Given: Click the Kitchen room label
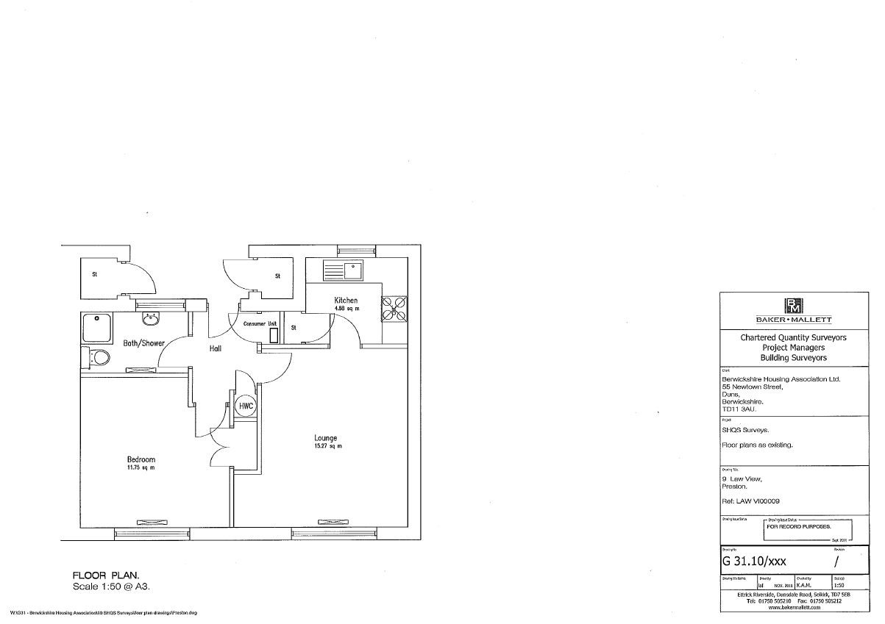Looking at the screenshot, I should (x=346, y=301).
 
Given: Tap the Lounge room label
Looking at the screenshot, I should (x=324, y=438).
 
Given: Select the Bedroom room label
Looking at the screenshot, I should (x=141, y=459).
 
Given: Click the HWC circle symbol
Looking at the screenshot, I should (x=245, y=406).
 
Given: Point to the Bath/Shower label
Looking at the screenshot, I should (x=143, y=343).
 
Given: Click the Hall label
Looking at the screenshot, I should (x=215, y=348).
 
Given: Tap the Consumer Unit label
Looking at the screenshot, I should (x=260, y=323).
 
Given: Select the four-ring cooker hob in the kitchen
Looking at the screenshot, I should (x=394, y=307).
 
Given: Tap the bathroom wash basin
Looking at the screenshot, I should (x=151, y=318).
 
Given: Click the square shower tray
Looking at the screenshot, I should (x=96, y=327).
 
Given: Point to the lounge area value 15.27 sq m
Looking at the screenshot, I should (x=324, y=446).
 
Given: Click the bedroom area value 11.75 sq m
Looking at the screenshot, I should (x=141, y=467).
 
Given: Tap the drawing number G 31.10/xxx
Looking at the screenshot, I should (x=756, y=561).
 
